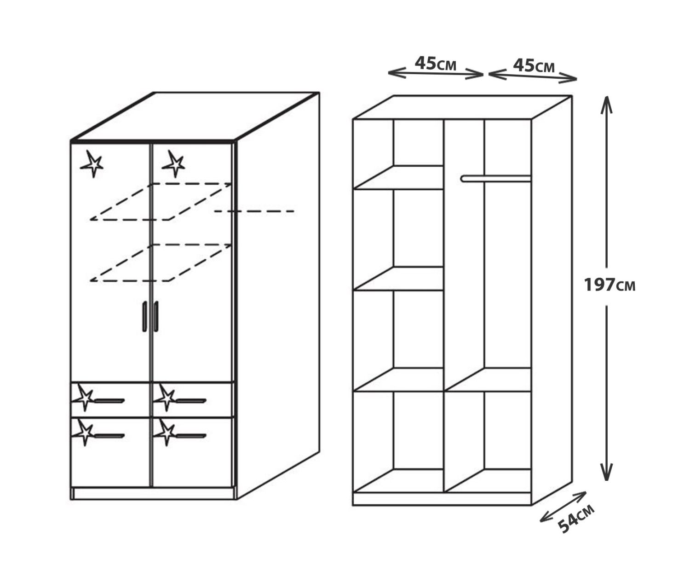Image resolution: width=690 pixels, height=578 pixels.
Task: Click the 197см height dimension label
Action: pyautogui.click(x=609, y=285)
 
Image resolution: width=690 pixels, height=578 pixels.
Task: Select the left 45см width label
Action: pyautogui.click(x=436, y=64)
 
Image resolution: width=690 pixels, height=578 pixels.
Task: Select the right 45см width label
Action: pyautogui.click(x=534, y=65)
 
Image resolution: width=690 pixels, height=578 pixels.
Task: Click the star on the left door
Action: pyautogui.click(x=92, y=164)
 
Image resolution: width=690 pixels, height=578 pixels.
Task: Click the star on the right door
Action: pyautogui.click(x=173, y=164)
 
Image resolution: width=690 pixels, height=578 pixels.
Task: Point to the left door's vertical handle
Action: pyautogui.click(x=144, y=316)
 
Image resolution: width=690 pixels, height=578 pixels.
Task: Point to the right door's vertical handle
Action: pyautogui.click(x=156, y=316)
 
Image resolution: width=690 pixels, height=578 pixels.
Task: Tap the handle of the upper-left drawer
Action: pyautogui.click(x=109, y=401)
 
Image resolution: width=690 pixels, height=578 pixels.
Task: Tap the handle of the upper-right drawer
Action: pyautogui.click(x=191, y=401)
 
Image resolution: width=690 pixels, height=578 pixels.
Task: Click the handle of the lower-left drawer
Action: pyautogui.click(x=109, y=436)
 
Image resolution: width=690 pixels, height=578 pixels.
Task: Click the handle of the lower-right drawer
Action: pyautogui.click(x=191, y=436)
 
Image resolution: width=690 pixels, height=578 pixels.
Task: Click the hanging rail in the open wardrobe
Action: pyautogui.click(x=496, y=179)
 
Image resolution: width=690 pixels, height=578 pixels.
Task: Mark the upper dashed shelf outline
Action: pyautogui.click(x=160, y=201)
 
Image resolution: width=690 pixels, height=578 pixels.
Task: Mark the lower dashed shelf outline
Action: pyautogui.click(x=160, y=263)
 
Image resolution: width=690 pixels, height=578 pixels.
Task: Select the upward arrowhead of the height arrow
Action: pyautogui.click(x=606, y=104)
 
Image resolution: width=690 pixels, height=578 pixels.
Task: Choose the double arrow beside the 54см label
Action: pyautogui.click(x=563, y=507)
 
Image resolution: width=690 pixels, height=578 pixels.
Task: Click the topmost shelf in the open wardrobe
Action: pyautogui.click(x=398, y=177)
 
